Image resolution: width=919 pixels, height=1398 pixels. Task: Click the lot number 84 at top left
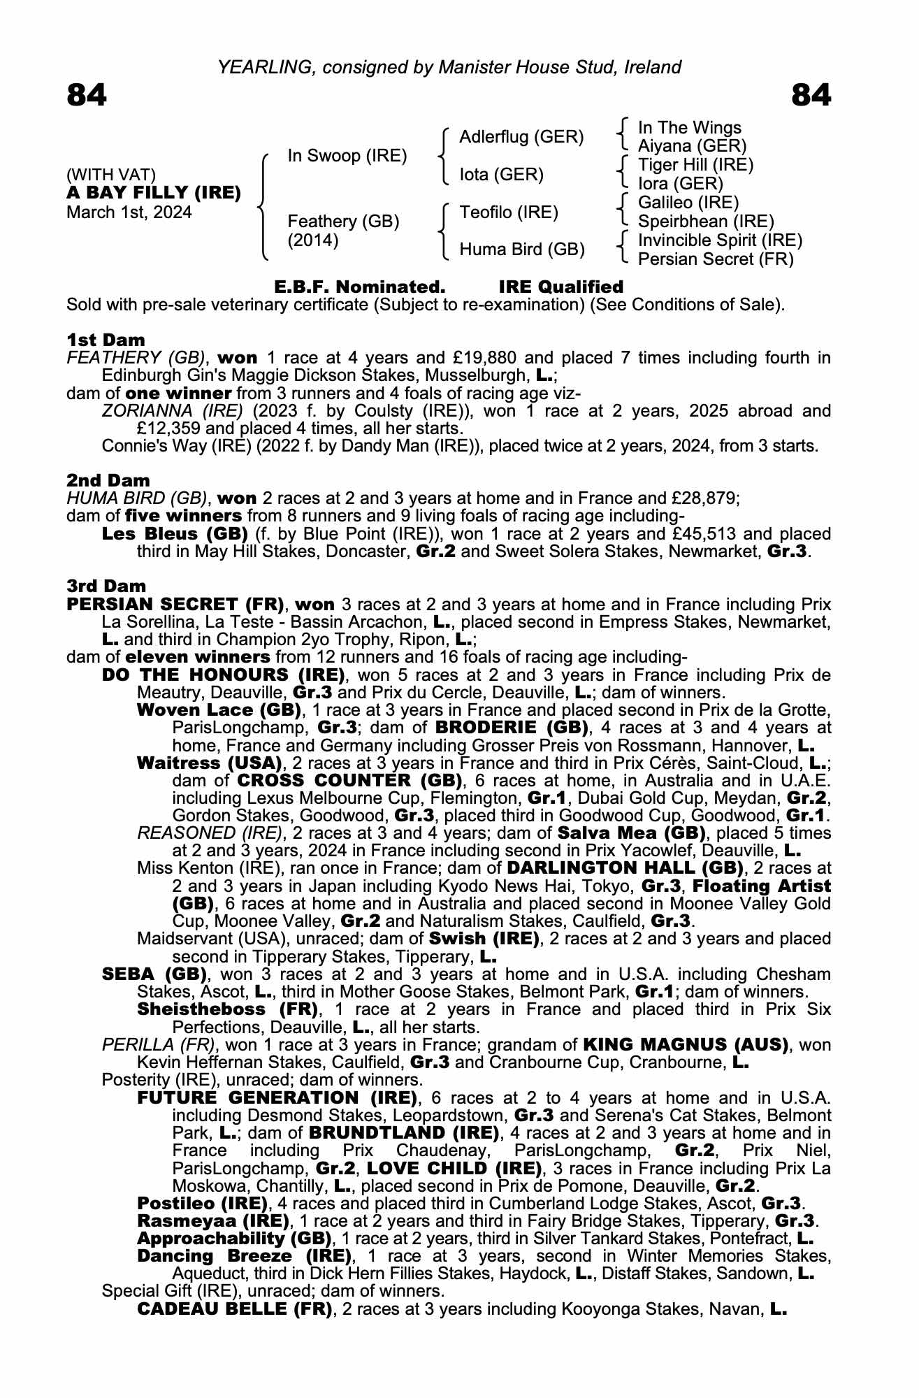[x=87, y=95]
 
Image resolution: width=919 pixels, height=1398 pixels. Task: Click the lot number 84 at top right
[x=811, y=95]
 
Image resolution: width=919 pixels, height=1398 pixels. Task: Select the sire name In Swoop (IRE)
[x=347, y=156]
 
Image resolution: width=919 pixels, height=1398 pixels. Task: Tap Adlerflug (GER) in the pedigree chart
[x=521, y=137]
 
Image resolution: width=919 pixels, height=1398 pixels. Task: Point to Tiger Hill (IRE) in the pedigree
[x=695, y=165]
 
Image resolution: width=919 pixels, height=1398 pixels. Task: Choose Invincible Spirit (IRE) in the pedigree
[x=720, y=240]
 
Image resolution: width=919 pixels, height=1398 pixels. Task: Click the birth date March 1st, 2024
[x=129, y=212]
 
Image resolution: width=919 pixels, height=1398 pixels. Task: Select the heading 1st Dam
[x=106, y=340]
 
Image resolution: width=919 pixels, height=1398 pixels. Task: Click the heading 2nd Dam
[x=108, y=481]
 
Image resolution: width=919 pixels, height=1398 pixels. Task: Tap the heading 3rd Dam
[x=106, y=586]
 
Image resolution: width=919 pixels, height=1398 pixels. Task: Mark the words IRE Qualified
[x=560, y=287]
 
